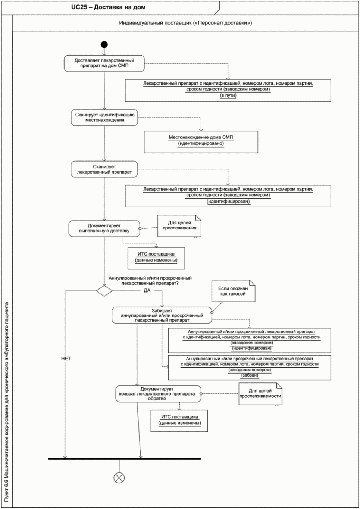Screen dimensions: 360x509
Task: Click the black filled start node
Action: [104, 44]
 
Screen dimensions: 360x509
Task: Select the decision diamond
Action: [104, 291]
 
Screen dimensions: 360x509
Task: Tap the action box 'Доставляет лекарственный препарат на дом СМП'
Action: [104, 63]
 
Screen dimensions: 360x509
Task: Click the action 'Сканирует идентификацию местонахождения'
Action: [104, 118]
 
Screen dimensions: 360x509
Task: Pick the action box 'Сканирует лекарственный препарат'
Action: [104, 169]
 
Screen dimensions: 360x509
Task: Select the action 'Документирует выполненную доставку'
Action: [104, 228]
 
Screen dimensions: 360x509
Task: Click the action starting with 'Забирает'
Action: [162, 315]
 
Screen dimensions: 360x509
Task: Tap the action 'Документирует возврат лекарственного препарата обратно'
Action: [158, 394]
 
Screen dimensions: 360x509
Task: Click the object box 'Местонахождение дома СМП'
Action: [201, 142]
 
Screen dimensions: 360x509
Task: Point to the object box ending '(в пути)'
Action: [228, 90]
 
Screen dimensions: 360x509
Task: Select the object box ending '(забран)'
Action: [249, 368]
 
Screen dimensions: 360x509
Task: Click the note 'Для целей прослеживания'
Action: [179, 226]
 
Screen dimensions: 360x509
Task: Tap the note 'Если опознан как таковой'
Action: [233, 291]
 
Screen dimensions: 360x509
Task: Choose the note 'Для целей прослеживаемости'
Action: [260, 394]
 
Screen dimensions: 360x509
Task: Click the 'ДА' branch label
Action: [147, 290]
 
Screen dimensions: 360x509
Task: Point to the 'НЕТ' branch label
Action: [66, 359]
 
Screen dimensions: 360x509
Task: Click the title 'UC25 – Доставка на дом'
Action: [108, 7]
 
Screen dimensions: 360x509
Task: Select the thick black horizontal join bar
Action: [125, 459]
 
